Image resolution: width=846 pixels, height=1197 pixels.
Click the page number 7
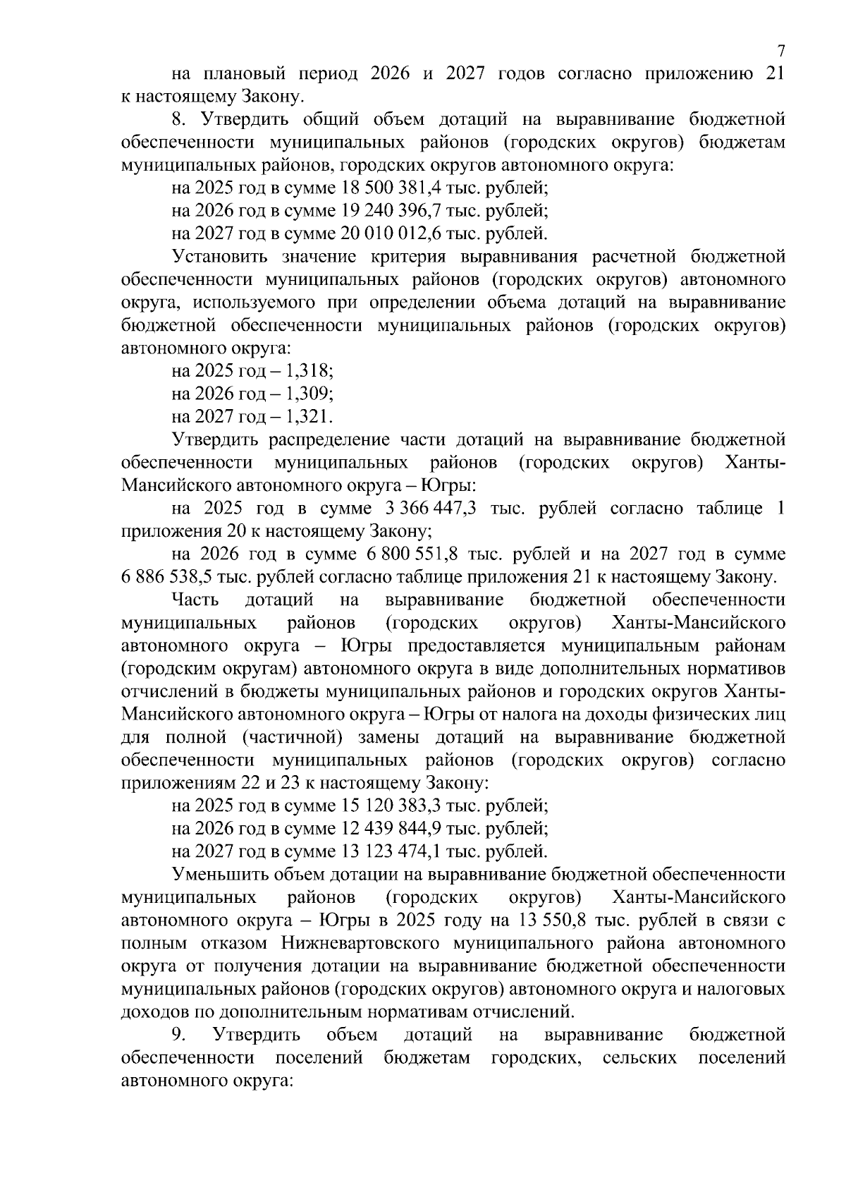tap(780, 51)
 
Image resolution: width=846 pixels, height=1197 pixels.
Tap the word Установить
tap(221, 256)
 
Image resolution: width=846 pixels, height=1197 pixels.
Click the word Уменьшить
tap(220, 875)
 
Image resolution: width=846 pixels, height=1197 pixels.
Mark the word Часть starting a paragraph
tap(195, 600)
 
